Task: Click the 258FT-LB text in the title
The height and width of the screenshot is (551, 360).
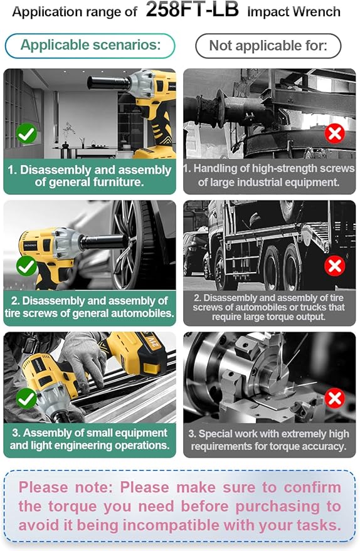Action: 192,9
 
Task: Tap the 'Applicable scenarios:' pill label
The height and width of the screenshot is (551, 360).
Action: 90,45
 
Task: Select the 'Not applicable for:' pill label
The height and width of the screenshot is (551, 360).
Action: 268,46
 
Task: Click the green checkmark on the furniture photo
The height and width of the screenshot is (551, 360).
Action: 27,134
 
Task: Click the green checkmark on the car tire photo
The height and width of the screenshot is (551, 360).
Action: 27,266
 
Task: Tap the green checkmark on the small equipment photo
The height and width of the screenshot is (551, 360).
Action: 27,398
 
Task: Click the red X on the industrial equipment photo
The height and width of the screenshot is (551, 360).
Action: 334,134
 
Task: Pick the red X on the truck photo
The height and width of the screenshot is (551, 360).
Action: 334,266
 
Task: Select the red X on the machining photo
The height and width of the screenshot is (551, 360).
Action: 334,398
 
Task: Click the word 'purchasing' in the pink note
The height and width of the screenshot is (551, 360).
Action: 277,506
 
